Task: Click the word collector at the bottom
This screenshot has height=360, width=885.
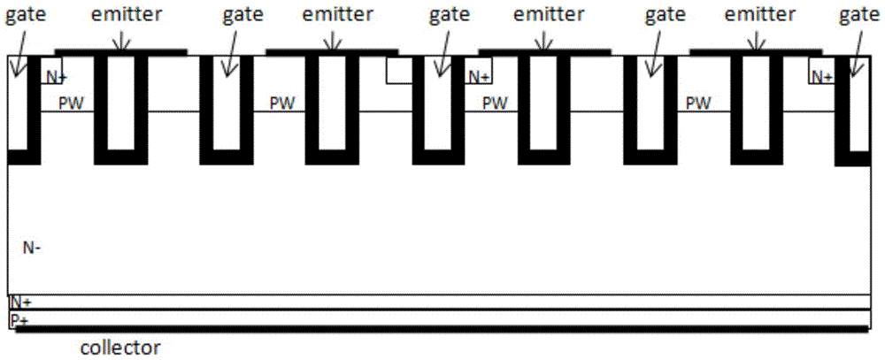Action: (120, 348)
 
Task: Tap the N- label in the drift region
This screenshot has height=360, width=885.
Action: (31, 249)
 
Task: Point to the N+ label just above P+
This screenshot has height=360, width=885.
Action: (20, 303)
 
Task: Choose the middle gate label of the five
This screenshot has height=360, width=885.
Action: (447, 15)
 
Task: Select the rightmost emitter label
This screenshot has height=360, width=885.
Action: (758, 15)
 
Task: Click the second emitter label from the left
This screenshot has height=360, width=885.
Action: (335, 15)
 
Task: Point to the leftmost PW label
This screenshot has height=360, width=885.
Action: (71, 103)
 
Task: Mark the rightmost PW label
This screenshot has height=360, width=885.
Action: (699, 103)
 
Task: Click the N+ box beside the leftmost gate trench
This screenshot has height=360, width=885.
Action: (53, 76)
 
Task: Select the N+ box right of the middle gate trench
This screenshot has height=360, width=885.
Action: (480, 77)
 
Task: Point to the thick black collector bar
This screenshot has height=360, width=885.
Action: (442, 328)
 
